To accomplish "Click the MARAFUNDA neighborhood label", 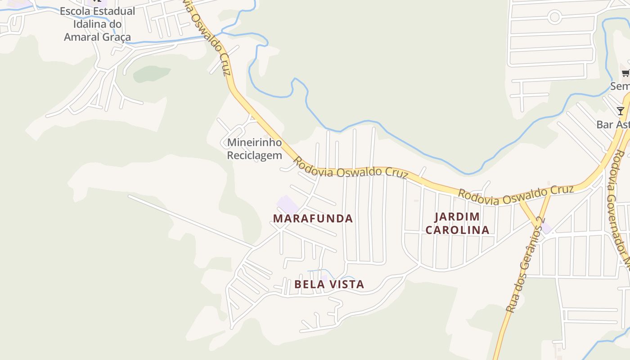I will coord(313,219).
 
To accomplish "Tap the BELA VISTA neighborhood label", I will coord(329,284).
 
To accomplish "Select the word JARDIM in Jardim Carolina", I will coord(457,217).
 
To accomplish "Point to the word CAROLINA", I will coord(457,230).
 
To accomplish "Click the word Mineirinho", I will coord(254,143).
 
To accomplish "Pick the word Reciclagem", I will coord(254,156).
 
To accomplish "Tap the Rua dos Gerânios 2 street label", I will coord(525,265).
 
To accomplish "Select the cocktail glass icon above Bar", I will coord(621,111).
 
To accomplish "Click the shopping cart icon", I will coord(625,73).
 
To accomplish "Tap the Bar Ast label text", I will coord(613,124).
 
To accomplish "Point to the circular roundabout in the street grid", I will coord(554,18).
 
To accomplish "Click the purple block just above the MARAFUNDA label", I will coord(287,204).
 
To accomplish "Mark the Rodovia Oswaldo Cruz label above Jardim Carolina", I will coord(516,195).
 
